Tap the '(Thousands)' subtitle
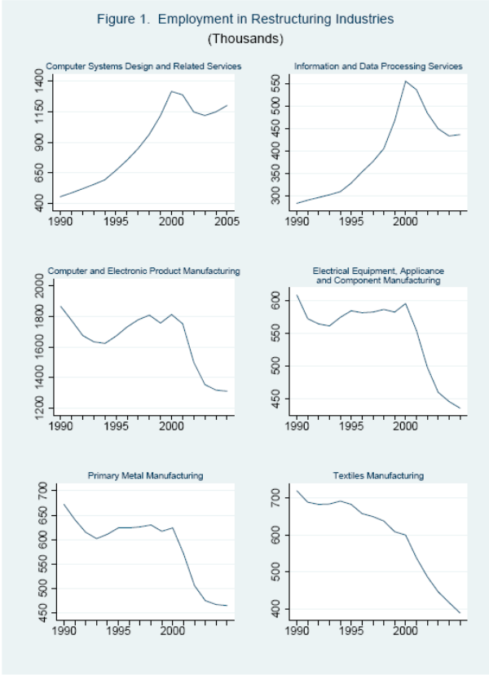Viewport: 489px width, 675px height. [x=244, y=38]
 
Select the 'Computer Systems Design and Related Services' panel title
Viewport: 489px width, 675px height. [x=143, y=66]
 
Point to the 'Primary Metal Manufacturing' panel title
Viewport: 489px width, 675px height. [x=145, y=475]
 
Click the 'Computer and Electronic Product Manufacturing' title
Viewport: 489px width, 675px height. [x=144, y=271]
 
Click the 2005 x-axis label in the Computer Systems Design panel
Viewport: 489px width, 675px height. [x=225, y=220]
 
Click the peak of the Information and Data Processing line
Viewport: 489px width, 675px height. [x=405, y=81]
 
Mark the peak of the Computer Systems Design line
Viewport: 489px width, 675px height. [x=171, y=91]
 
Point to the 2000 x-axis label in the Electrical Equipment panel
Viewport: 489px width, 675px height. [x=405, y=425]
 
